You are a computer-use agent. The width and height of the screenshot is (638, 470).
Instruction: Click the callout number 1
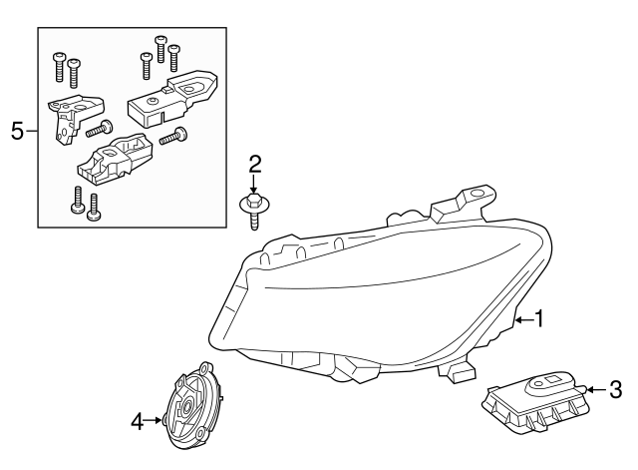pyautogui.click(x=539, y=319)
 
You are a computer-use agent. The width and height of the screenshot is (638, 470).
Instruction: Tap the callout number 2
pyautogui.click(x=254, y=164)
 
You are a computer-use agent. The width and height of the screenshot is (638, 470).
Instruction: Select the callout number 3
pyautogui.click(x=615, y=388)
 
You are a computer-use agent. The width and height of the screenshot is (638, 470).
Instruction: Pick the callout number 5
pyautogui.click(x=16, y=131)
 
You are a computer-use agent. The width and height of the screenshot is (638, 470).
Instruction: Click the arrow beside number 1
pyautogui.click(x=522, y=319)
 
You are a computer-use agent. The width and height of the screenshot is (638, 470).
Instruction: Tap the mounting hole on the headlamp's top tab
pyautogui.click(x=476, y=193)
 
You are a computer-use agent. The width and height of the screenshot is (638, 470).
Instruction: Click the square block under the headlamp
pyautogui.click(x=460, y=372)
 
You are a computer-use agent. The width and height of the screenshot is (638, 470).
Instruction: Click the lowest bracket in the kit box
pyautogui.click(x=118, y=161)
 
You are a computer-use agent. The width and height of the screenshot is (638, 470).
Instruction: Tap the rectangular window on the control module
pyautogui.click(x=551, y=378)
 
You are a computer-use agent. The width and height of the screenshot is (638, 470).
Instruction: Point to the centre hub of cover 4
pyautogui.click(x=186, y=411)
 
